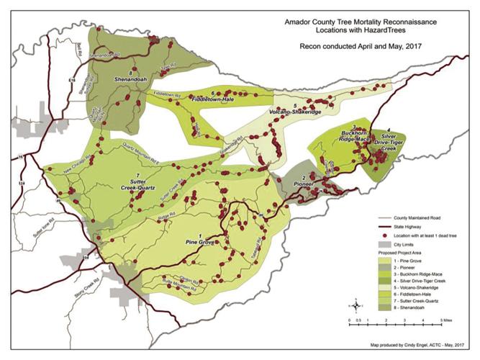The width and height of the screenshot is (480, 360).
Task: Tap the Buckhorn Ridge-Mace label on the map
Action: [353, 137]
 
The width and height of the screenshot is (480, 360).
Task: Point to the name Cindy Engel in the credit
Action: [425, 345]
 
